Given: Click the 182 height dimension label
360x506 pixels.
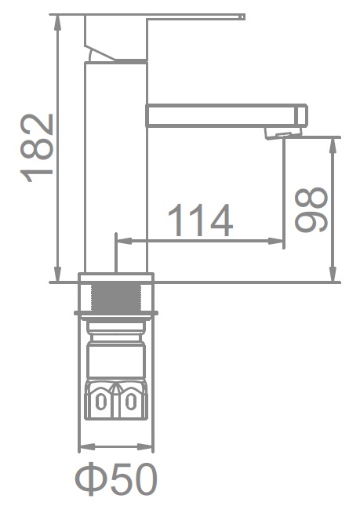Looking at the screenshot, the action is tap(36, 148).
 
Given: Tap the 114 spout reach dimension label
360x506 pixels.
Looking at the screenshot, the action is tap(200, 220).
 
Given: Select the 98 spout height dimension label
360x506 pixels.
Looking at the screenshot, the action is tap(311, 209).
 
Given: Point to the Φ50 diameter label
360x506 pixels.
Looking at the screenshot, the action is tap(116, 479).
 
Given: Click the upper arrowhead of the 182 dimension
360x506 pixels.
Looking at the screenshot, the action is tap(58, 23).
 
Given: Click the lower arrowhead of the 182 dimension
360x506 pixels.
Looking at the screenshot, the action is tap(58, 274).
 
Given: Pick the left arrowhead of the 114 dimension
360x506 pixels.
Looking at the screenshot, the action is tap(124, 241).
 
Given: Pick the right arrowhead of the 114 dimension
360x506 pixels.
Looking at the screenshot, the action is tap(276, 241).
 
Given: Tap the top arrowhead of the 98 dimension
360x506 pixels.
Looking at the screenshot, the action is tap(333, 146).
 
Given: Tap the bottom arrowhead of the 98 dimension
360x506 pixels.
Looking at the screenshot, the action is tap(333, 274).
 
